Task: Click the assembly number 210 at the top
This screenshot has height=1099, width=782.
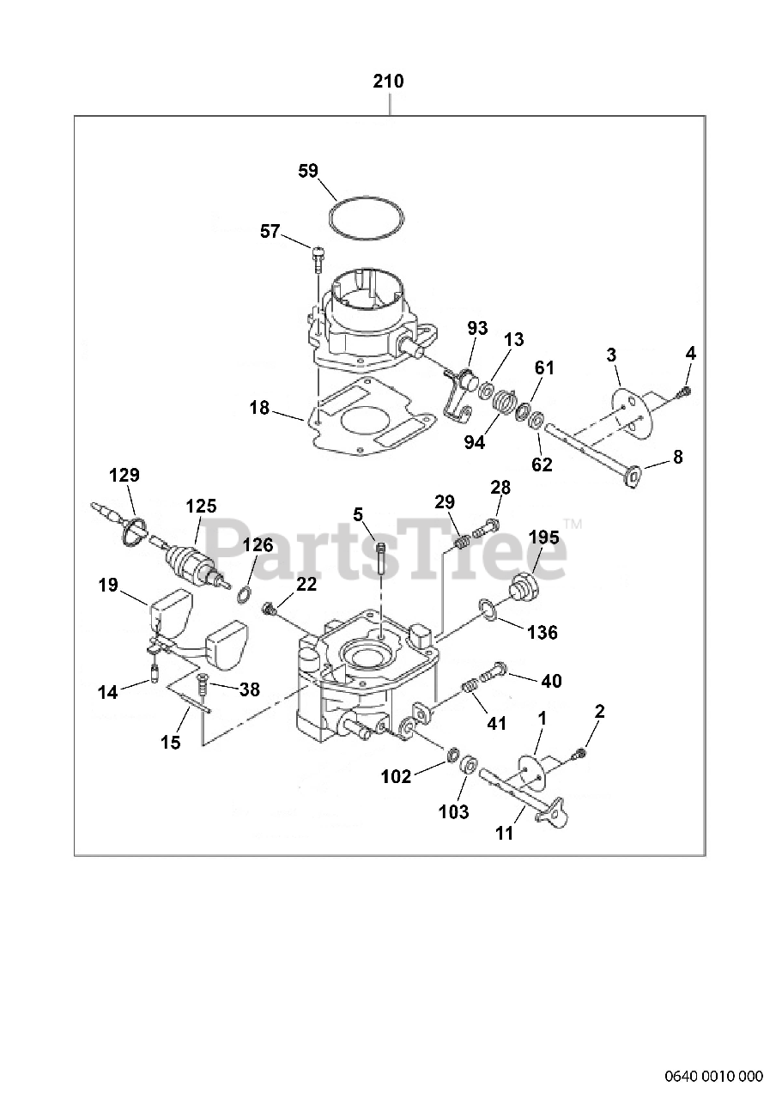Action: (x=388, y=82)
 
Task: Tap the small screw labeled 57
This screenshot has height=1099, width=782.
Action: (x=318, y=252)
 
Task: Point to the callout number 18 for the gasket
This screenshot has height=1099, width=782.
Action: (x=260, y=408)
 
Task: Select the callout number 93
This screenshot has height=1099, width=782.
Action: (x=477, y=328)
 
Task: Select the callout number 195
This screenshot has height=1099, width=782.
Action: (x=544, y=537)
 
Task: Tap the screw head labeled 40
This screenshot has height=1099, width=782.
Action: (x=496, y=670)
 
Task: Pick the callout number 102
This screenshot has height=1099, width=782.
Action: (x=397, y=776)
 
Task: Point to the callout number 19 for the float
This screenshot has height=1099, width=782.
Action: (x=107, y=586)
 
